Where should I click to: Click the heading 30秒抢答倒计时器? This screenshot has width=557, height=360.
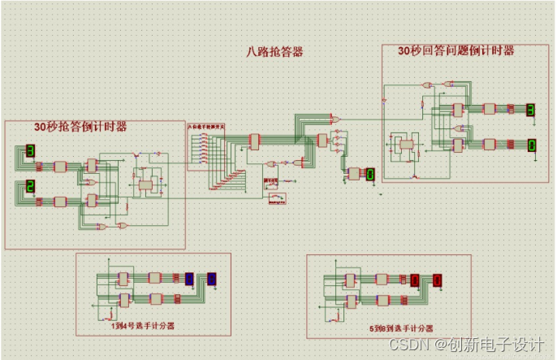click(80, 127)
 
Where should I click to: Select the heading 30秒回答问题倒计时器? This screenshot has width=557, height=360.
click(456, 50)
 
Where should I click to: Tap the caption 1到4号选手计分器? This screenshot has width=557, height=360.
click(143, 325)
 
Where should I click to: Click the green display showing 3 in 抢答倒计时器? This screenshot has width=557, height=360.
click(30, 151)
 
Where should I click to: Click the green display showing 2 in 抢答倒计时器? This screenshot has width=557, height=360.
click(30, 188)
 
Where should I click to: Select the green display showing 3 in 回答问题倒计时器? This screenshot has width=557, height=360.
click(530, 109)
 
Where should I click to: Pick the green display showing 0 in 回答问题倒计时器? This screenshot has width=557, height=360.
click(531, 145)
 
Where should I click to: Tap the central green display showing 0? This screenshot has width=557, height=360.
click(369, 174)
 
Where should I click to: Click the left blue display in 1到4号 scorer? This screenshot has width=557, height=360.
click(189, 279)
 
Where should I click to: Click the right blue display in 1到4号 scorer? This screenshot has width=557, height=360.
click(212, 279)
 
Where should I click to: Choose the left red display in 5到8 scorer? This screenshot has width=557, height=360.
click(415, 281)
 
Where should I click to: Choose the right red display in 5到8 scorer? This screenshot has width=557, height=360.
click(438, 281)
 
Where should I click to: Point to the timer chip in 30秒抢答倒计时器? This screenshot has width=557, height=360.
click(147, 185)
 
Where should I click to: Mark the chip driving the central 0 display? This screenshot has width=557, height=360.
click(354, 172)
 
